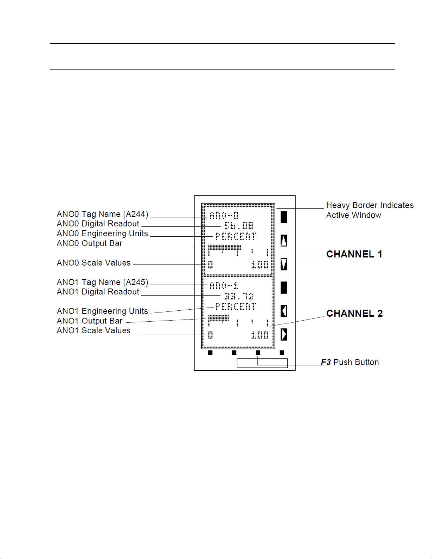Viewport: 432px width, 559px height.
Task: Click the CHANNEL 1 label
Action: (354, 254)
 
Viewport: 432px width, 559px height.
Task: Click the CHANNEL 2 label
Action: (354, 314)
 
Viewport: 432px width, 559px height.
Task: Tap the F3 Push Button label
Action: (350, 362)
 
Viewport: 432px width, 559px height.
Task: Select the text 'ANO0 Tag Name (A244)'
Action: (102, 214)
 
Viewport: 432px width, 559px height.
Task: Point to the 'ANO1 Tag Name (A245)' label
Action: (102, 282)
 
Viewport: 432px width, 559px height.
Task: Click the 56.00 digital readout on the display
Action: (239, 226)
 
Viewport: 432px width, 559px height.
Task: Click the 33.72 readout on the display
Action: (239, 296)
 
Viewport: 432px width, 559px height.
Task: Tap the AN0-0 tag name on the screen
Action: (224, 215)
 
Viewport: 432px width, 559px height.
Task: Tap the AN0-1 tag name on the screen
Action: (224, 285)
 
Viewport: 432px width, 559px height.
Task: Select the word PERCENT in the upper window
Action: (236, 236)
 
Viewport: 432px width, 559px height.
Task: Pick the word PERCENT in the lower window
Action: (236, 306)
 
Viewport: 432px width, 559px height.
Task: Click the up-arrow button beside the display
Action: (284, 241)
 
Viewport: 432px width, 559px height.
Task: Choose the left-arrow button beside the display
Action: (284, 311)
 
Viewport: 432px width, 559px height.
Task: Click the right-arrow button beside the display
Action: (284, 334)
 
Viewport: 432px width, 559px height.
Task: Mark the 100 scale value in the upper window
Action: (260, 265)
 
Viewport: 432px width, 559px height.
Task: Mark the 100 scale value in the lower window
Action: (260, 335)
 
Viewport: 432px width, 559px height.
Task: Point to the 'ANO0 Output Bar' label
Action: (90, 243)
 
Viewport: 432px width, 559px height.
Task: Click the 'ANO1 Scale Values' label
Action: (93, 330)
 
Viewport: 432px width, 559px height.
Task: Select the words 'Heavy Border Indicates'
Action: (370, 205)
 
